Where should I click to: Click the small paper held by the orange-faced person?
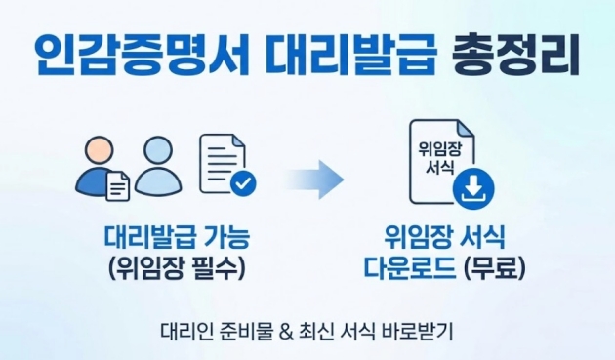coord(117,186)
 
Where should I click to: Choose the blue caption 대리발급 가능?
coord(176,236)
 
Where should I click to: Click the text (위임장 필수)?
coord(176,265)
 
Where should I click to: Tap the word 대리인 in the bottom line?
coord(184,328)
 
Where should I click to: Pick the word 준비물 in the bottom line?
coord(244,328)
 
